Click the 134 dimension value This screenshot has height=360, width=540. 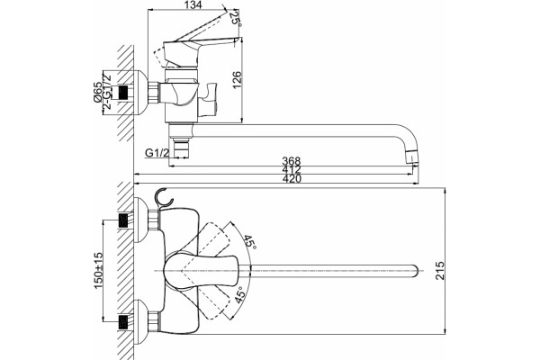(x=193, y=4)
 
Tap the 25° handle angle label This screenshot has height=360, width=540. (x=235, y=18)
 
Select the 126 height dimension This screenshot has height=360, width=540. (x=237, y=79)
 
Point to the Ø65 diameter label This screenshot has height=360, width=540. (x=97, y=93)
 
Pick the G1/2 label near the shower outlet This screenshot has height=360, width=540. (x=157, y=152)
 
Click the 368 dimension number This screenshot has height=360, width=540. (x=292, y=161)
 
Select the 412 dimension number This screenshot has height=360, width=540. (x=292, y=169)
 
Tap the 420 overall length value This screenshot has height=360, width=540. (x=292, y=179)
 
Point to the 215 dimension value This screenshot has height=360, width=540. (x=439, y=270)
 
